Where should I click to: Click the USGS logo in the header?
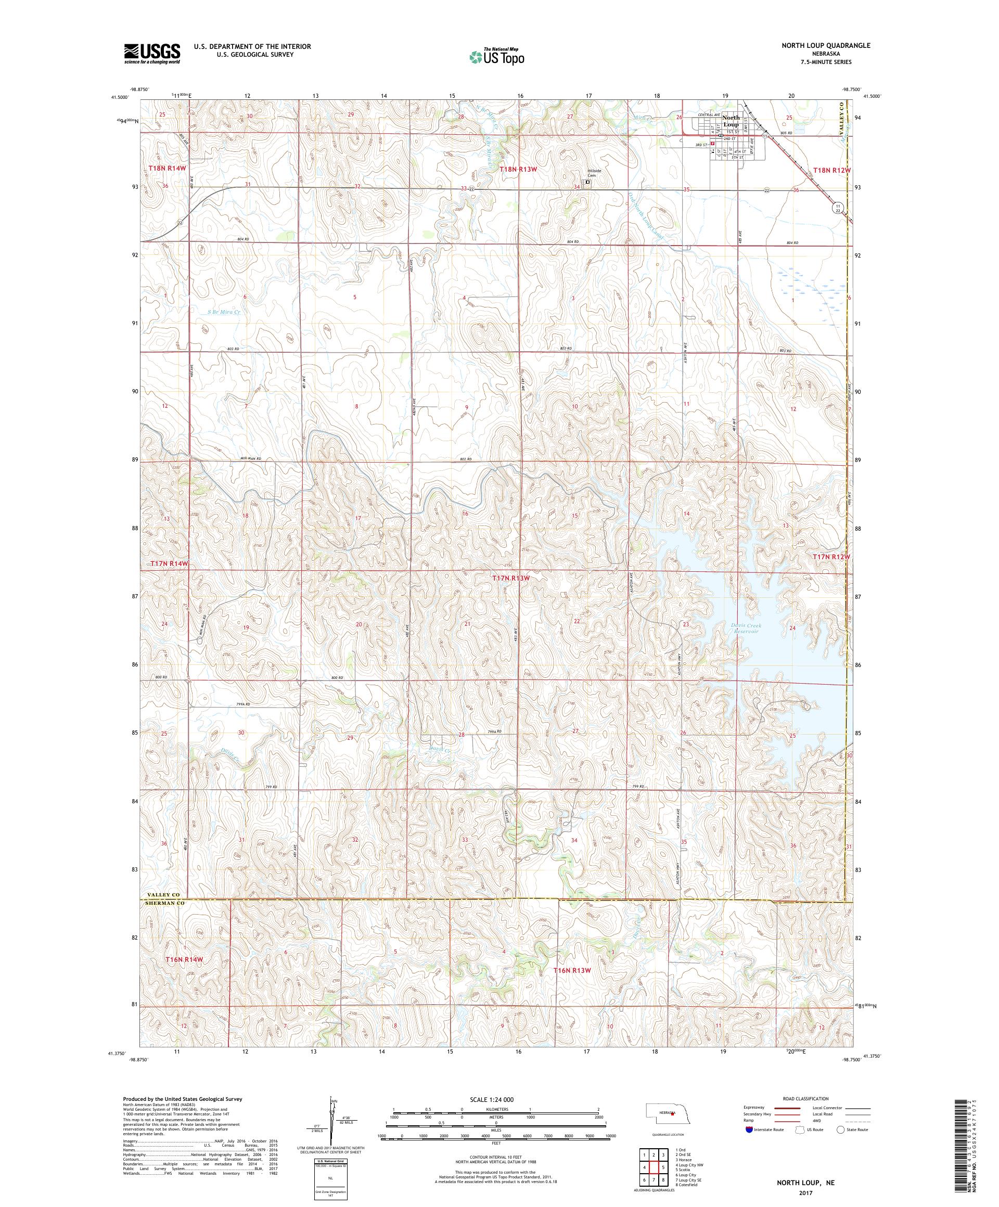point(152,54)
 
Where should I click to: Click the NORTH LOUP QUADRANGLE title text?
point(825,45)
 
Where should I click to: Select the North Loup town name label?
point(731,121)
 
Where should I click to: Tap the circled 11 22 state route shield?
point(838,208)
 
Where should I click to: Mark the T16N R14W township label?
point(185,976)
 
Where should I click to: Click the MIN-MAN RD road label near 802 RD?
point(251,459)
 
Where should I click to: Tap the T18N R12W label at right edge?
point(831,170)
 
